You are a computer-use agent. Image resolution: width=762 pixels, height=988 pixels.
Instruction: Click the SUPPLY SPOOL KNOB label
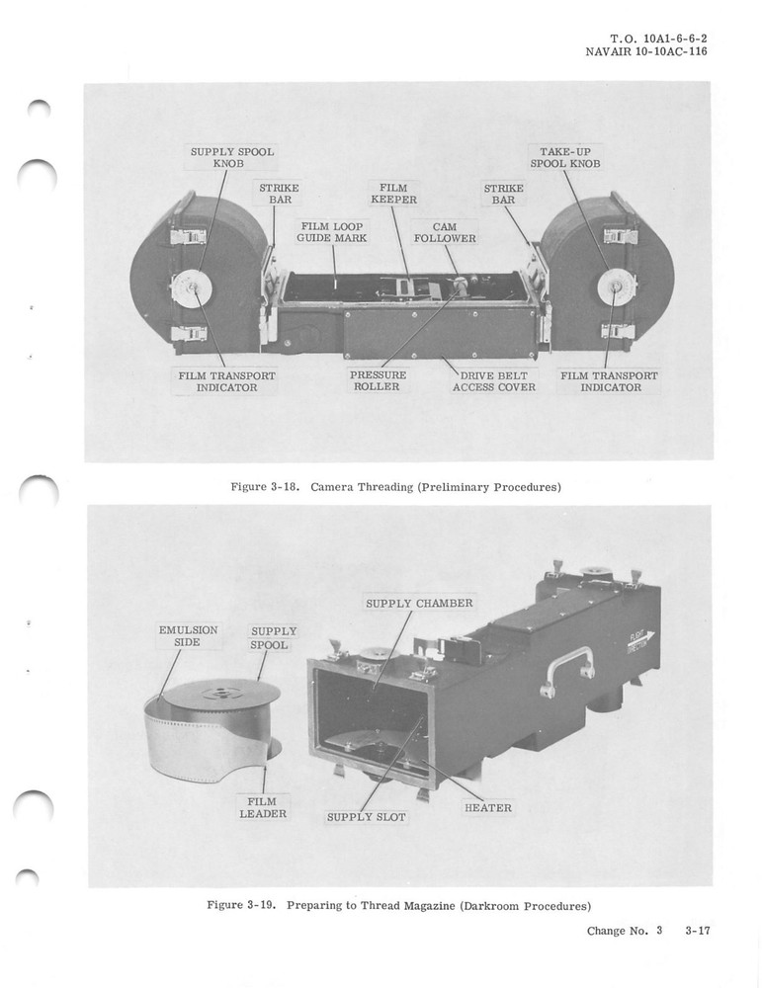pyautogui.click(x=231, y=157)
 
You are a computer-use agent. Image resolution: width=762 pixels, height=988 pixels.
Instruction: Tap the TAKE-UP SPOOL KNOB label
pyautogui.click(x=564, y=157)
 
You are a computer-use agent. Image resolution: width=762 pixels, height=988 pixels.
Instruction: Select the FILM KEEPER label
pyautogui.click(x=393, y=193)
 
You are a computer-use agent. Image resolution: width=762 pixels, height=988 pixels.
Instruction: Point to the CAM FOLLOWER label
pyautogui.click(x=445, y=232)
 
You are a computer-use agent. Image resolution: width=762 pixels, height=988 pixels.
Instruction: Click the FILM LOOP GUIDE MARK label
pyautogui.click(x=334, y=232)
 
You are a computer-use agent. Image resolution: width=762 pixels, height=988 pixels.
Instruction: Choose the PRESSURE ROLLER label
pyautogui.click(x=377, y=381)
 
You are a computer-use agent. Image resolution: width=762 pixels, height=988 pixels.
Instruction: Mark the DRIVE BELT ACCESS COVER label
pyautogui.click(x=494, y=381)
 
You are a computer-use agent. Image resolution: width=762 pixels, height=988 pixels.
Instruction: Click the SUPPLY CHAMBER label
pyautogui.click(x=419, y=603)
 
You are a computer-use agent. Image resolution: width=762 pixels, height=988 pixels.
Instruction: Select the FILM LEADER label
pyautogui.click(x=263, y=807)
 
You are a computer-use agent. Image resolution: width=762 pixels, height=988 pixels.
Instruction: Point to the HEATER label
pyautogui.click(x=487, y=808)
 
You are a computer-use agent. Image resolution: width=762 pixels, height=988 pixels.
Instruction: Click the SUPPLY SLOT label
pyautogui.click(x=367, y=817)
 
